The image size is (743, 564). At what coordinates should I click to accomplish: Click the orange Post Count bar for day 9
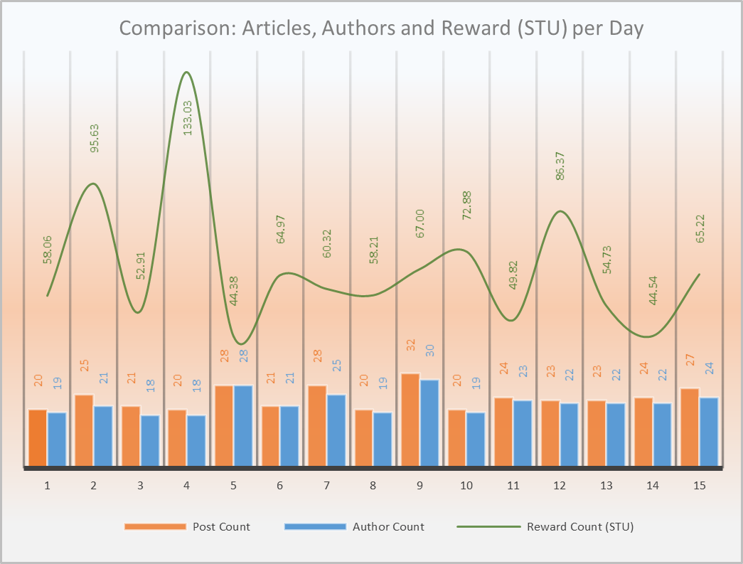coord(410,420)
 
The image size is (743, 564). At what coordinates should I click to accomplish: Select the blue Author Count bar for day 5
coord(242,427)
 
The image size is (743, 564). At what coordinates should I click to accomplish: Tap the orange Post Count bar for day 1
coord(38,439)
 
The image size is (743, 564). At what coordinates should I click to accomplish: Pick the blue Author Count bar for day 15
coord(709,432)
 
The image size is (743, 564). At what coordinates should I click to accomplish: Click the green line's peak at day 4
coord(186,73)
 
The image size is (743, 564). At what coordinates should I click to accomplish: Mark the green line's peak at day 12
coord(560,211)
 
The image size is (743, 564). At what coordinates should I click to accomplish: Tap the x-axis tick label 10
coord(466,486)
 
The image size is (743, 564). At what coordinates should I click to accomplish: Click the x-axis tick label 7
coord(326,486)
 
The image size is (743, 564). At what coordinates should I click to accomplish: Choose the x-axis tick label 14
coord(653,486)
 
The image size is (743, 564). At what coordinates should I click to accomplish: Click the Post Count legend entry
coord(221,527)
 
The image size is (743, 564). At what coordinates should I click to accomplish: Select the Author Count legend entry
coord(388,527)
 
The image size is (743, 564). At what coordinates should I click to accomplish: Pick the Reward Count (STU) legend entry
coord(579,527)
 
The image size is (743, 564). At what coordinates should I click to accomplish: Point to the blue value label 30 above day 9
coord(429,351)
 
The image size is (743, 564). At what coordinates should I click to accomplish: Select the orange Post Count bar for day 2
coord(84,431)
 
